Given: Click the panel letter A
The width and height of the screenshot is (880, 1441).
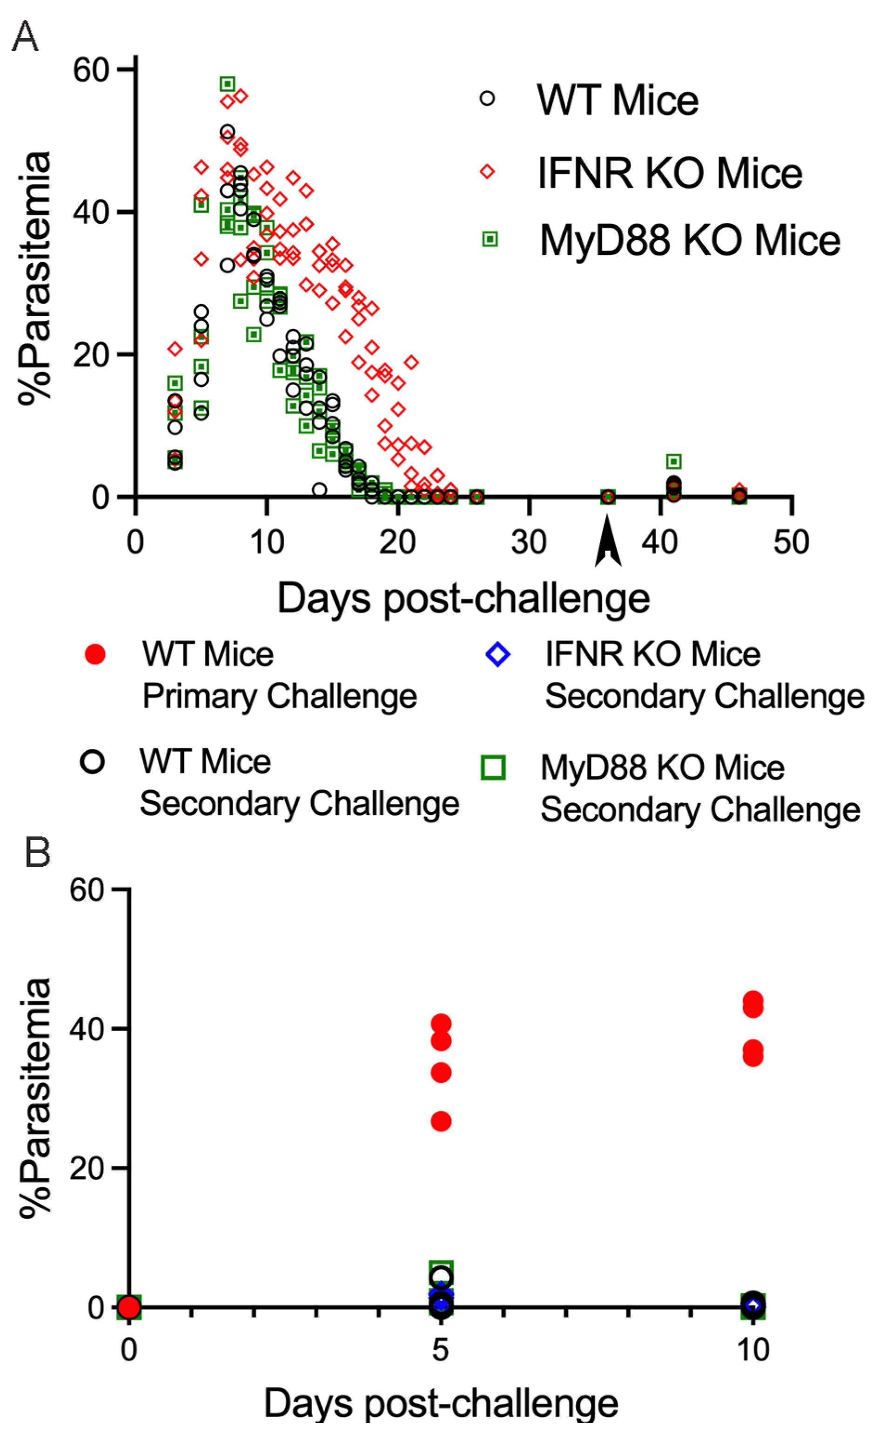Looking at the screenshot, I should pos(25,36).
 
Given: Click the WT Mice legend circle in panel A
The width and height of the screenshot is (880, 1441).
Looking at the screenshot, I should pos(487,98).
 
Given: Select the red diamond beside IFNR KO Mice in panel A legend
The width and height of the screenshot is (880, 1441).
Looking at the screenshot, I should pos(487,171).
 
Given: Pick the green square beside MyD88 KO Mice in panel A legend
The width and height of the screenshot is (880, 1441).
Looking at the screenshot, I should pos(490,238).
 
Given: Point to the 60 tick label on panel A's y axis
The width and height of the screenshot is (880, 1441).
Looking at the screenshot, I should pos(91,70).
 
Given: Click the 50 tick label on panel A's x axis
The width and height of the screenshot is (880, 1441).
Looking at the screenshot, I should pos(791,542).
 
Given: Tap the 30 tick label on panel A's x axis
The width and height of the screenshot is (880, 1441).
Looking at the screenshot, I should pos(528,542).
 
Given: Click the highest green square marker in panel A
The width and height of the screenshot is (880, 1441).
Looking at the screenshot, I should pos(227,84).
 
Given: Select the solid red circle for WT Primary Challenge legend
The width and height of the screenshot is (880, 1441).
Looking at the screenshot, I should pos(94,654).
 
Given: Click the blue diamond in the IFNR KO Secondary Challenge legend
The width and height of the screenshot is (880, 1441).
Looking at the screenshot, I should pos(497,654).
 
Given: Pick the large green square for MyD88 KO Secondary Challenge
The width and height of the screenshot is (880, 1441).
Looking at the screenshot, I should pos(493,767).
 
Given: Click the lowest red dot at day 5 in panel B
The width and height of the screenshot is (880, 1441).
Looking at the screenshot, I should pos(441,1121).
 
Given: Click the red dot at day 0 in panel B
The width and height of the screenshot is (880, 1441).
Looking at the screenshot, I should pos(129,1306).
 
